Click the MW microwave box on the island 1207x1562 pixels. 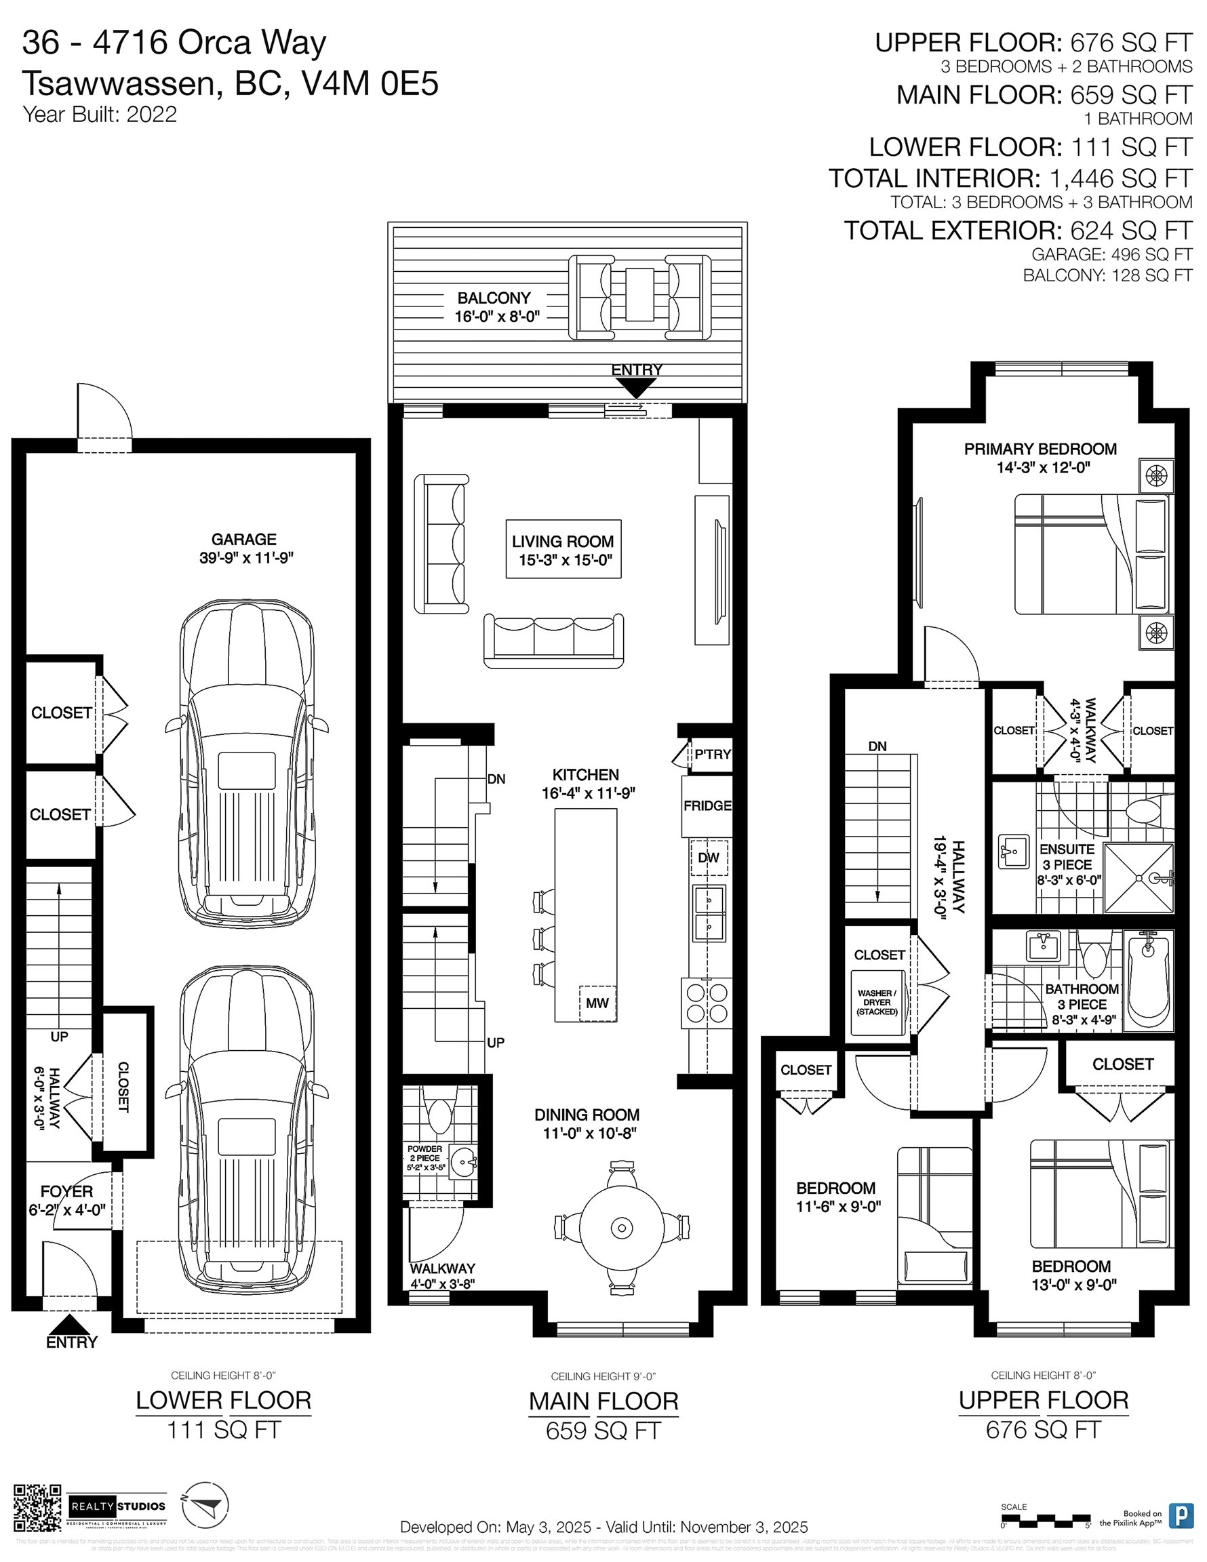[597, 1003]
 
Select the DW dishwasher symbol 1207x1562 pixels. [709, 858]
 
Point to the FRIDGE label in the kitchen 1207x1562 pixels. [707, 805]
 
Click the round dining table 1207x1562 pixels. [621, 1228]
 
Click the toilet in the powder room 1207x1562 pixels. [438, 1115]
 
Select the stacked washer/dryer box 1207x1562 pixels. [877, 1003]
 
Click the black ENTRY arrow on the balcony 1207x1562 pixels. [635, 388]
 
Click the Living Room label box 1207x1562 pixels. [563, 549]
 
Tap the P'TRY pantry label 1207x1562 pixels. [712, 754]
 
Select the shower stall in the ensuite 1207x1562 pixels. [1139, 877]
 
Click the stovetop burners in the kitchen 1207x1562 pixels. [707, 1003]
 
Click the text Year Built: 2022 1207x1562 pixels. [100, 115]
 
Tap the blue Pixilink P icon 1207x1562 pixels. [1180, 1515]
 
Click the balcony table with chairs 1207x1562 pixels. [639, 297]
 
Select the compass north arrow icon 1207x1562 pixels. [205, 1505]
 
